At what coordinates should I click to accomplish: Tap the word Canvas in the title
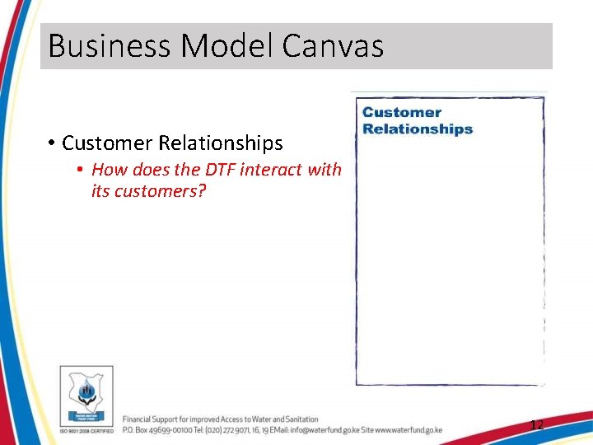[333, 46]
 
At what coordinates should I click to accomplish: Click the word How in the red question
[106, 170]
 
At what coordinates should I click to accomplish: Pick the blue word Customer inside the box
[402, 113]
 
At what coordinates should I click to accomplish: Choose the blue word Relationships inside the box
[418, 129]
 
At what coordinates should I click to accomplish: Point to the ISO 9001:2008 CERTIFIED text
[86, 430]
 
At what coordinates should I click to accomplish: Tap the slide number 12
[536, 425]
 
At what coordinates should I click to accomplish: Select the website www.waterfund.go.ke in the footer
[409, 430]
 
